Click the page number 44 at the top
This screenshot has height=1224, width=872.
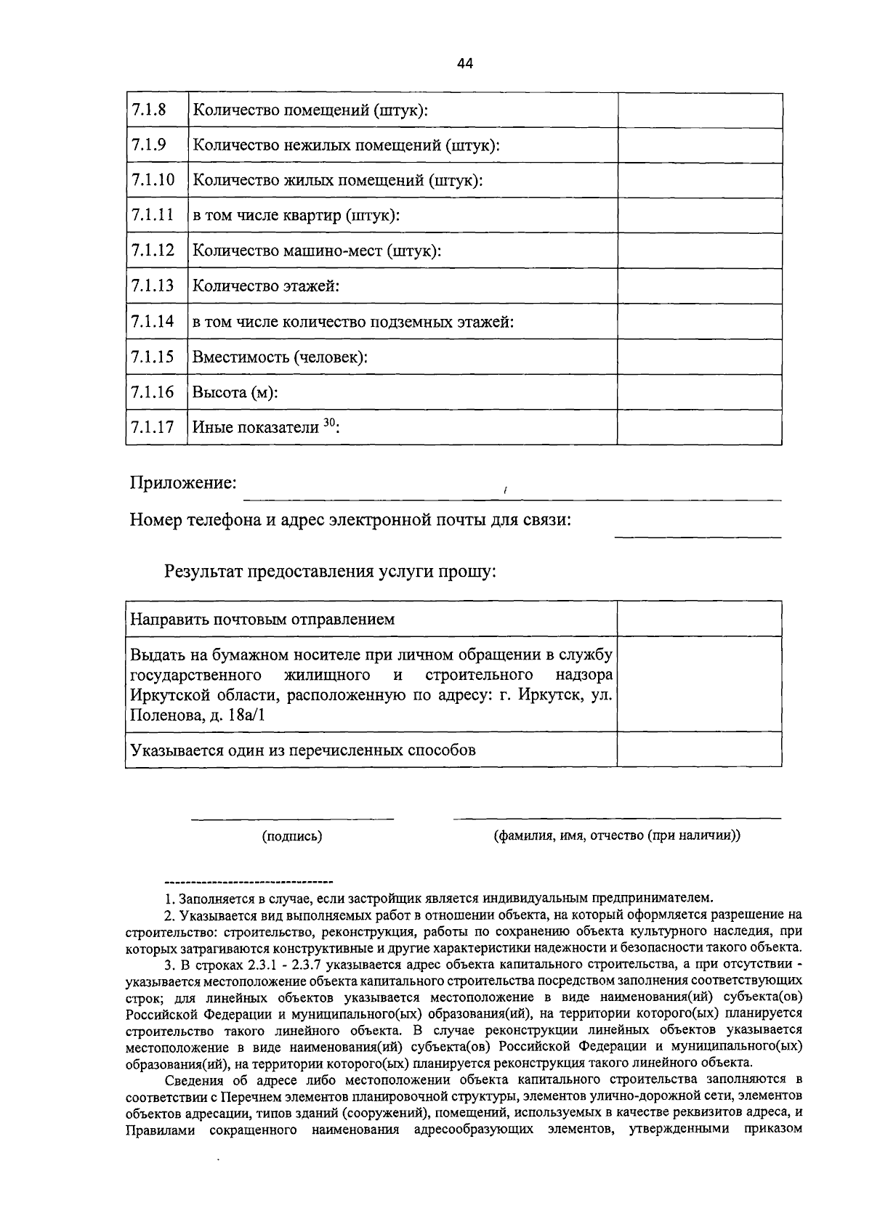465,63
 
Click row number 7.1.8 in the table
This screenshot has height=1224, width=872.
149,110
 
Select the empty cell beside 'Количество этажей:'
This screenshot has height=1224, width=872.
699,286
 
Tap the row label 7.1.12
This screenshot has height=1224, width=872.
153,251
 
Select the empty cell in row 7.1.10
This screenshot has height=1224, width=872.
699,180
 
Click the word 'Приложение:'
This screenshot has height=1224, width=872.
184,483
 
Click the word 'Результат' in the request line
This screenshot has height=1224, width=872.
206,572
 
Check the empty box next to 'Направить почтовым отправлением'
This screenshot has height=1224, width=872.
699,619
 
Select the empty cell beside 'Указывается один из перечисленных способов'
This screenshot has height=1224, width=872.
699,749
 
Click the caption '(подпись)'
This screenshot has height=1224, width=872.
292,836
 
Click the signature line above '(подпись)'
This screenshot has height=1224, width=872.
292,819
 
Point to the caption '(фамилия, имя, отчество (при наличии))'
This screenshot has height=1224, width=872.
617,835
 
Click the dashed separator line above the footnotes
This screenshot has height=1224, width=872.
249,881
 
